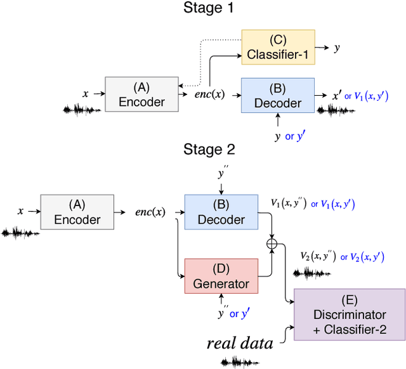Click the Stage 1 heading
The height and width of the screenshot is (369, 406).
tap(209, 8)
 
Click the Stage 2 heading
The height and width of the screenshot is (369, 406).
tap(209, 150)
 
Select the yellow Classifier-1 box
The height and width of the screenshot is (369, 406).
tap(278, 48)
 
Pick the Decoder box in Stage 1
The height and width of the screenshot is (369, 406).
tap(278, 96)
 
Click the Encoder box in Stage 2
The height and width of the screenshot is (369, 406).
tap(77, 212)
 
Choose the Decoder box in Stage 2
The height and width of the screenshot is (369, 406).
tap(221, 212)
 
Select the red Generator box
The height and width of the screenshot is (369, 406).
tap(221, 276)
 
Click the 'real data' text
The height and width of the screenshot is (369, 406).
tap(240, 344)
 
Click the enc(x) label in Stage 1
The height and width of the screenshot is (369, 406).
tap(209, 95)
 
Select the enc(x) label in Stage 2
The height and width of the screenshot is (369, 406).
tap(152, 212)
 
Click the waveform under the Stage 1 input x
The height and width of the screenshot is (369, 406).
tap(82, 110)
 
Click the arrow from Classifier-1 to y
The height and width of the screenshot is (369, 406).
tap(322, 48)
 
